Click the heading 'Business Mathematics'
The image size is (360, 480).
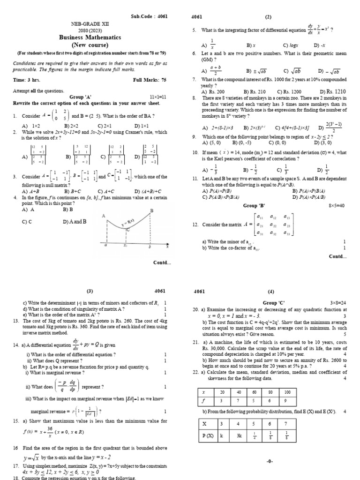(x=90, y=37)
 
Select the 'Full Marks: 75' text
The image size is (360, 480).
(x=150, y=80)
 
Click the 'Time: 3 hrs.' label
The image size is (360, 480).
(x=26, y=80)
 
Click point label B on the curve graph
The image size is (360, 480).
(x=151, y=211)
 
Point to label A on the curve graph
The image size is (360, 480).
(x=103, y=215)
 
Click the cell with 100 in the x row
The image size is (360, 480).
(x=287, y=392)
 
